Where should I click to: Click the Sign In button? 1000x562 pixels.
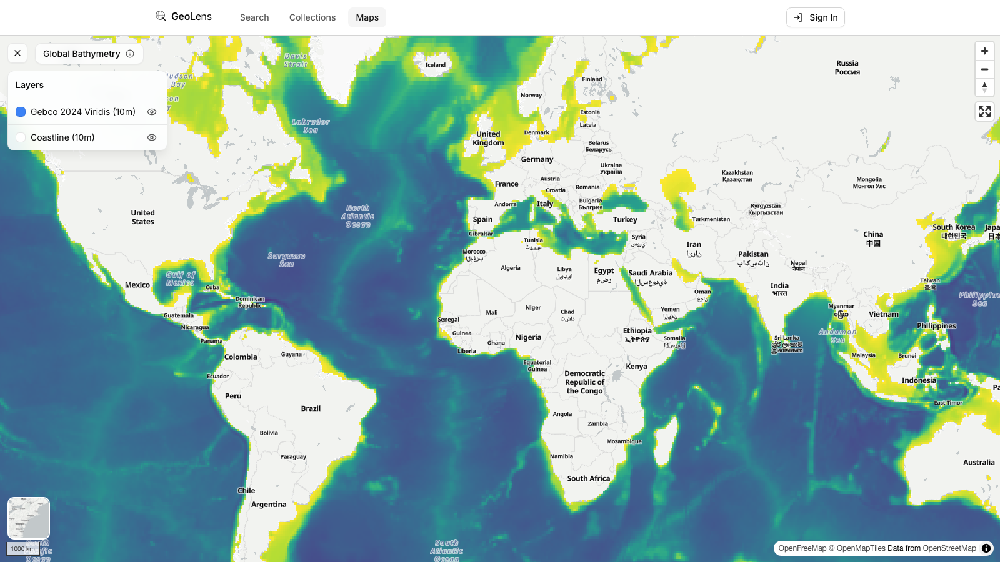816,17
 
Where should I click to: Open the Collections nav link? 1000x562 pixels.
312,17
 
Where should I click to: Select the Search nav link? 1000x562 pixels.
254,17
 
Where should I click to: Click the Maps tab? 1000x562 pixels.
367,17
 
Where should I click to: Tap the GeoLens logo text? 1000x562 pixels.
191,17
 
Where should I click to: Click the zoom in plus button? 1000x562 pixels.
984,51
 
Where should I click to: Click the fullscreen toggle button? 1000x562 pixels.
984,112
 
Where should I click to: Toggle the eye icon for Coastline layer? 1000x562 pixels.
152,137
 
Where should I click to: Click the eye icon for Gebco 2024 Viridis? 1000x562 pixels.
152,112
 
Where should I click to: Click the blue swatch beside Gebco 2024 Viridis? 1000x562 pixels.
21,112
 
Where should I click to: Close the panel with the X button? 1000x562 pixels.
17,54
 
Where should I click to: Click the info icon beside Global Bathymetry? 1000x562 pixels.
130,54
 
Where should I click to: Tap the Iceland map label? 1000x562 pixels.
436,65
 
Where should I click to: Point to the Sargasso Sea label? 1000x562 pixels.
286,260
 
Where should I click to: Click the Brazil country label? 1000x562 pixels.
311,408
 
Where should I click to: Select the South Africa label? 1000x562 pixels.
588,479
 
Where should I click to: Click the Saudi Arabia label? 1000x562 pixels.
650,274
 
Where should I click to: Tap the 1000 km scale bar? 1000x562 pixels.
23,549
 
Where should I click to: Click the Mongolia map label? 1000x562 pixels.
869,182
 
